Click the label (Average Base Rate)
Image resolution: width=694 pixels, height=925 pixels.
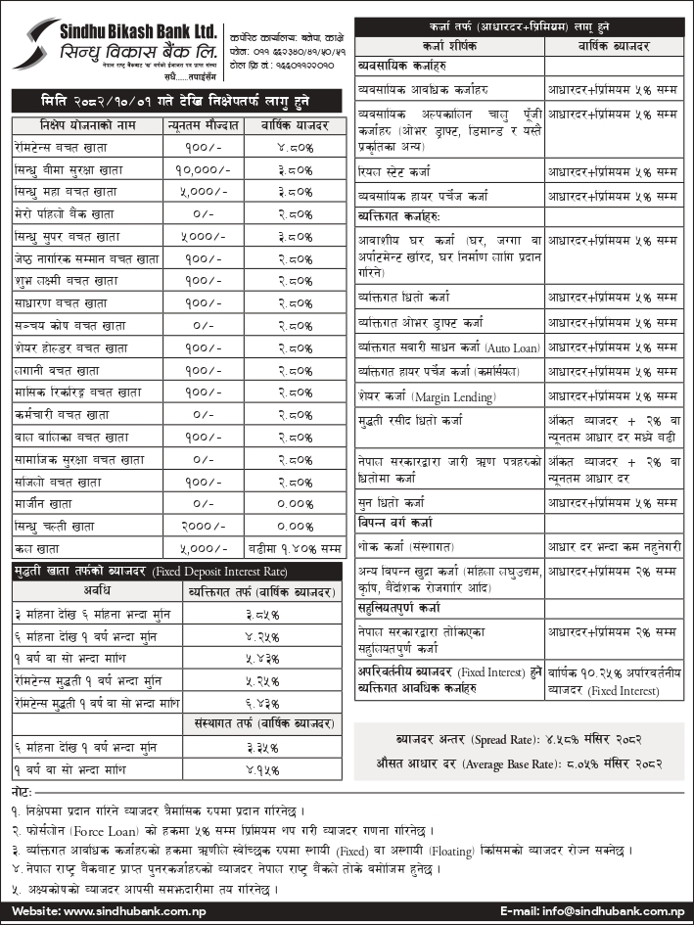pos(497,763)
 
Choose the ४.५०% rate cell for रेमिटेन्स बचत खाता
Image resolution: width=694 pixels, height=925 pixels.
pos(294,147)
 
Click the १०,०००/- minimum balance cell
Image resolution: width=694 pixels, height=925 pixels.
pos(201,168)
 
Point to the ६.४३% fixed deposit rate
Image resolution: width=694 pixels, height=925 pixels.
pos(261,701)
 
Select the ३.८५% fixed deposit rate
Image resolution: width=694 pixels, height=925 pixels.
pos(261,613)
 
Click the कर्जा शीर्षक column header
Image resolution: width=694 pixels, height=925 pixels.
pos(447,46)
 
